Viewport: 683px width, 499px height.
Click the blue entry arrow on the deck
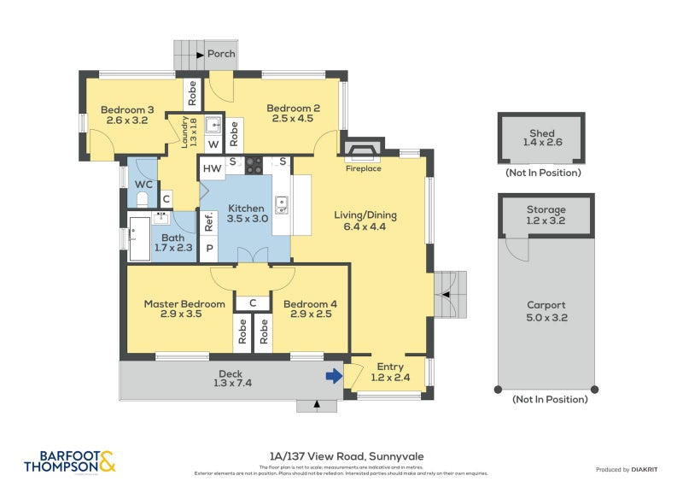click(332, 374)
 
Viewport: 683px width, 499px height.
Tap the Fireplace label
click(363, 168)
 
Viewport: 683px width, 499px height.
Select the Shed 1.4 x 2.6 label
click(541, 138)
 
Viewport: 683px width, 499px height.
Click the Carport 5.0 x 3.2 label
click(546, 311)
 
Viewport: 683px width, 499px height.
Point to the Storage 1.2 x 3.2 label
click(546, 214)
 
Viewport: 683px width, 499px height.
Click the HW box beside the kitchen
click(212, 168)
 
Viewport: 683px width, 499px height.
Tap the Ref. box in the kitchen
click(208, 222)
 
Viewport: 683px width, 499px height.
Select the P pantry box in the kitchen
click(208, 249)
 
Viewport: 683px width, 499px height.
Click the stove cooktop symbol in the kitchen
click(254, 166)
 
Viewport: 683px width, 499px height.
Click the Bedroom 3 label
click(127, 114)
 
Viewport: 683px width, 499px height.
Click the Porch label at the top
click(221, 54)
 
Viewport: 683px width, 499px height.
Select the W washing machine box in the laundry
click(212, 144)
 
